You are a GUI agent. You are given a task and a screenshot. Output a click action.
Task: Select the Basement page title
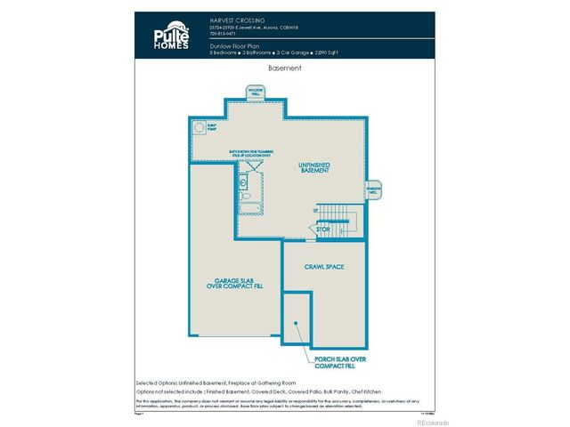(x=285, y=68)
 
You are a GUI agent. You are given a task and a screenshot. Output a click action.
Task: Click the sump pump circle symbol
(x=199, y=128)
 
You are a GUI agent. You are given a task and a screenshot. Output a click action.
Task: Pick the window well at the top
(x=256, y=92)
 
